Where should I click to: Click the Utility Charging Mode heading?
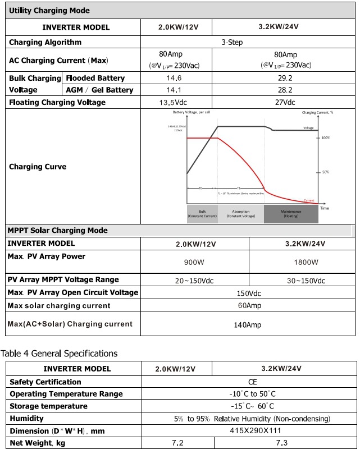(x=49, y=11)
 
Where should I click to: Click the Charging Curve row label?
(x=38, y=167)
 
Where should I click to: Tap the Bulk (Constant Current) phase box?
(x=202, y=214)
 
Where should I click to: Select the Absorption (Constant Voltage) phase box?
(x=240, y=214)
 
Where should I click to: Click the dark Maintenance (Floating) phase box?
(x=291, y=214)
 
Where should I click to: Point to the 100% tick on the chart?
(x=325, y=137)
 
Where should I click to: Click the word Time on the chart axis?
(x=325, y=208)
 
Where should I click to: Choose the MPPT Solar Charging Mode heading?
(x=57, y=231)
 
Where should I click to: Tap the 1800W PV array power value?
(x=306, y=262)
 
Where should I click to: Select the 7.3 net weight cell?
(x=282, y=443)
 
